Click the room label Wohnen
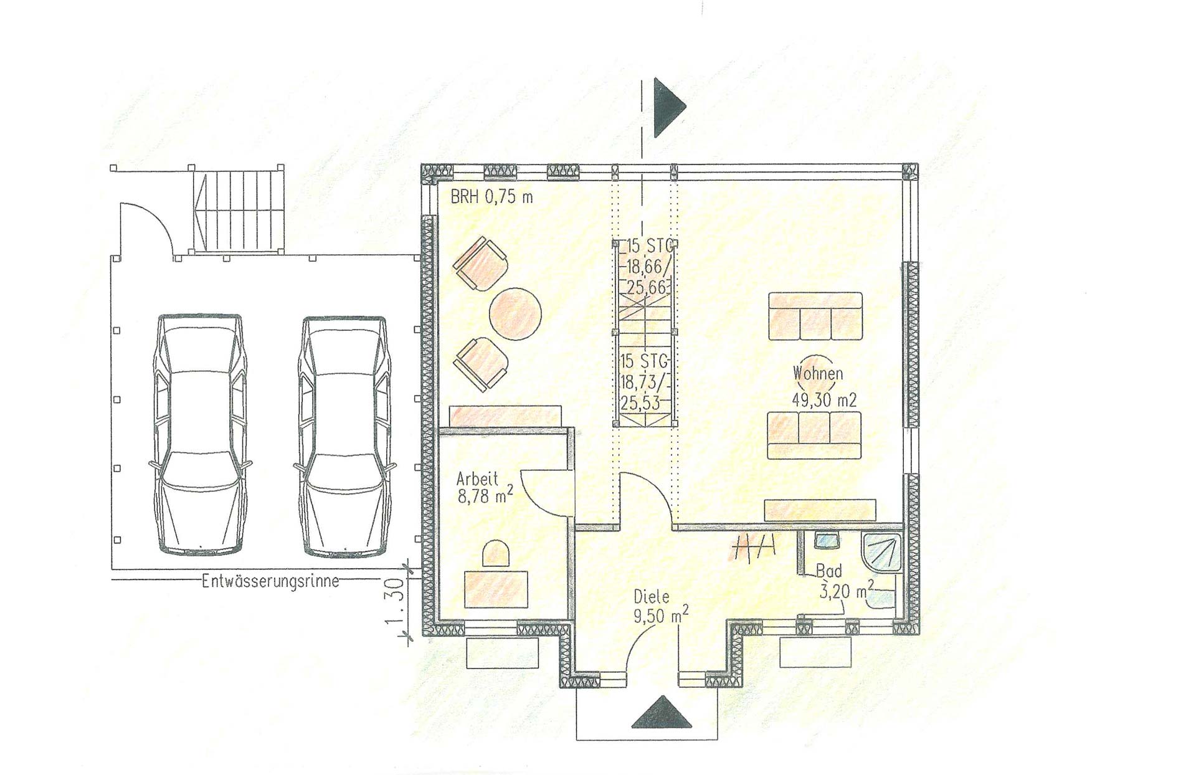(x=817, y=374)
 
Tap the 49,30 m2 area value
(x=824, y=400)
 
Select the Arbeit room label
(x=477, y=479)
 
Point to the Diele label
(x=652, y=597)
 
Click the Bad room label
(x=829, y=571)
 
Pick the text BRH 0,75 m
(x=491, y=197)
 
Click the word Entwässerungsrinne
(x=270, y=581)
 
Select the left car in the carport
(x=199, y=434)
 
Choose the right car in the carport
(x=344, y=435)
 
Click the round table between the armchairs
(x=515, y=313)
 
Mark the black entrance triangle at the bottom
(x=662, y=712)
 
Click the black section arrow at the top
(x=669, y=107)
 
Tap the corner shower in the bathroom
(x=881, y=552)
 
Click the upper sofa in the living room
(x=815, y=316)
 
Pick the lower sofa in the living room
(x=814, y=435)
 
